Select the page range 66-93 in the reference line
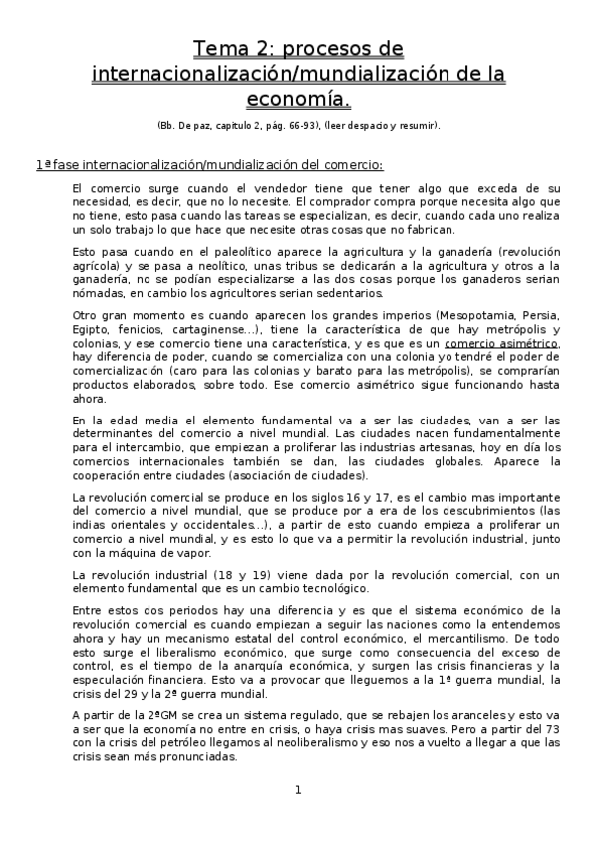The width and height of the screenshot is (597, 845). pyautogui.click(x=290, y=126)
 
